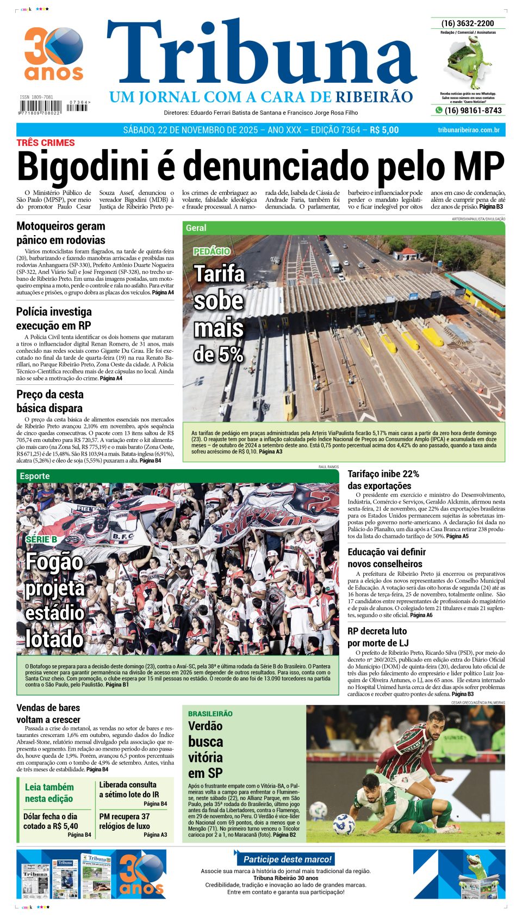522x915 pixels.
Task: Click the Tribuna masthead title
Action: [x=261, y=57]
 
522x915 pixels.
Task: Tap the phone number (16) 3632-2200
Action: [x=468, y=23]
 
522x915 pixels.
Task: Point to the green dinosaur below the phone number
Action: [x=467, y=63]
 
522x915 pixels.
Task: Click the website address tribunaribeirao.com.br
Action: [x=468, y=130]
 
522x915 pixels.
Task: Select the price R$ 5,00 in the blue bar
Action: [x=384, y=130]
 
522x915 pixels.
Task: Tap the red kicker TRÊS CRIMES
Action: [x=46, y=143]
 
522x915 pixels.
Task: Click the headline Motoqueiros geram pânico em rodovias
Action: [x=61, y=233]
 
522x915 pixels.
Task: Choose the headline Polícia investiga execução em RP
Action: [x=54, y=318]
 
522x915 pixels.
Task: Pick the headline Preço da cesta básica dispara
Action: [x=50, y=401]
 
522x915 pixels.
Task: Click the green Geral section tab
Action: [x=196, y=228]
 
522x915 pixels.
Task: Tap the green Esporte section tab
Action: [x=35, y=476]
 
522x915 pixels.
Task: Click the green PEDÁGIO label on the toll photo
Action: [x=212, y=251]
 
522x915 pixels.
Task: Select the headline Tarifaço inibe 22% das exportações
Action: [x=383, y=480]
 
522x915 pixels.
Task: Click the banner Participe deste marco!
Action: [x=287, y=859]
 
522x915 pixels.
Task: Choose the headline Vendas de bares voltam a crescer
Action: [x=48, y=713]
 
